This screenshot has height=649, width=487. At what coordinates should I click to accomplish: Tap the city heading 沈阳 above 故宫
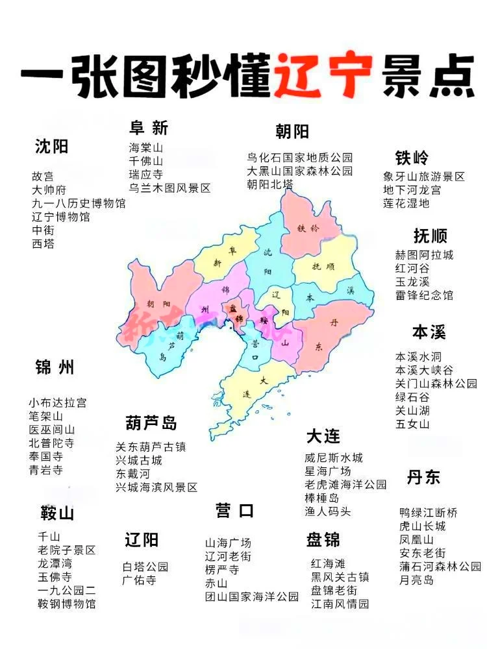point(51,147)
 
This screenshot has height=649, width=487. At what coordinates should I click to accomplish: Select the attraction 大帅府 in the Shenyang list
point(49,190)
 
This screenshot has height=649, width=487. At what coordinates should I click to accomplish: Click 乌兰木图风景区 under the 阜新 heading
point(169,188)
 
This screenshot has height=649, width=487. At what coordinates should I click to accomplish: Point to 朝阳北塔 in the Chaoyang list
point(269,184)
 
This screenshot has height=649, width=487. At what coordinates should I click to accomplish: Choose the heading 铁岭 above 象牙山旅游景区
point(412,158)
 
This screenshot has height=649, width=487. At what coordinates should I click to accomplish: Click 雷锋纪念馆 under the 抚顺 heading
point(424,295)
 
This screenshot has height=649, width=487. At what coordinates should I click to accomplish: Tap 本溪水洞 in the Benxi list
point(419,356)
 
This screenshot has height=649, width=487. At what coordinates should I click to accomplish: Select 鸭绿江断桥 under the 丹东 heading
point(429,513)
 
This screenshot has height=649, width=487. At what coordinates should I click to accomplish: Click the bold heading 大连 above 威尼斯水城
point(323,435)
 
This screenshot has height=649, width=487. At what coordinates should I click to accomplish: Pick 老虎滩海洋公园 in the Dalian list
point(345,484)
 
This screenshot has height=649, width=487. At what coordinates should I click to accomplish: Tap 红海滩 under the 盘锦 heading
point(328,563)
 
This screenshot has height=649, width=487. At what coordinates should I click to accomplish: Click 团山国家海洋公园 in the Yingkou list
point(252,596)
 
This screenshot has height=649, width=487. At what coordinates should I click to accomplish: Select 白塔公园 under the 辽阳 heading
point(145,567)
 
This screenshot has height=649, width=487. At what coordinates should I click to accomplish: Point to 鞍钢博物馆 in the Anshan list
point(66,604)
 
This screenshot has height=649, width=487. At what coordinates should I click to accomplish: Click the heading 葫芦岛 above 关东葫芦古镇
point(151,424)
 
